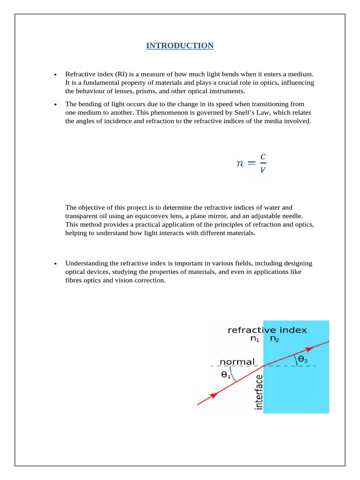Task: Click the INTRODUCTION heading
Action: [180, 45]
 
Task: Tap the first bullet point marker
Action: [55, 75]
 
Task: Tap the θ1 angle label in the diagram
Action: [225, 375]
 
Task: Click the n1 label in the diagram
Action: [255, 339]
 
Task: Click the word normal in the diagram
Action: [237, 362]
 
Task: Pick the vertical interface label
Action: [258, 392]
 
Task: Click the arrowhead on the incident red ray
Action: [213, 395]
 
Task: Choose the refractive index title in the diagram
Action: [267, 330]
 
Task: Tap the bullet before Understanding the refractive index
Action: [55, 264]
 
